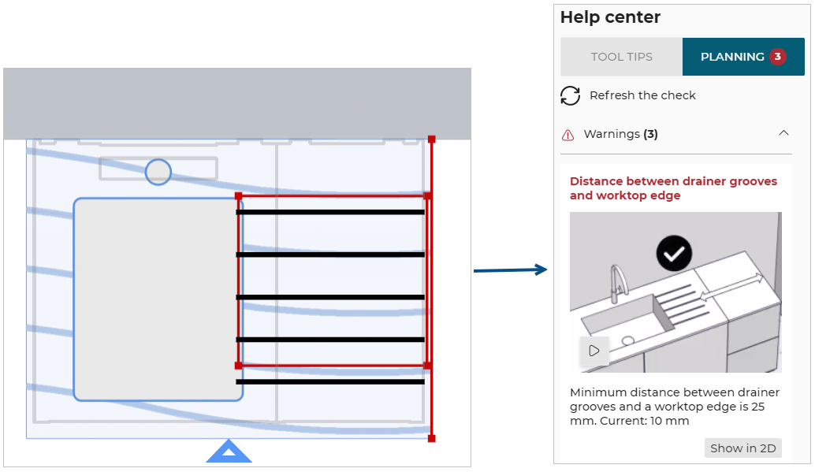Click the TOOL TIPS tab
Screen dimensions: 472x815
pyautogui.click(x=621, y=57)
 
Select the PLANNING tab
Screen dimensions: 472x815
pyautogui.click(x=732, y=57)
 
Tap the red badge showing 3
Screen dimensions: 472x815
pyautogui.click(x=778, y=57)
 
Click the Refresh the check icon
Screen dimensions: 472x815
pyautogui.click(x=570, y=95)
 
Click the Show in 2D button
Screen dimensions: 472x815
pyautogui.click(x=742, y=448)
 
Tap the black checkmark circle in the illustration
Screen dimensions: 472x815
pyautogui.click(x=674, y=254)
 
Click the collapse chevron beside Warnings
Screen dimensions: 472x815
pyautogui.click(x=783, y=134)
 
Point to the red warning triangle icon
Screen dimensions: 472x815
pyautogui.click(x=568, y=135)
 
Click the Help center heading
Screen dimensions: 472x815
pyautogui.click(x=610, y=17)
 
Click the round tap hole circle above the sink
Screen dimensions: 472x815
pyautogui.click(x=158, y=172)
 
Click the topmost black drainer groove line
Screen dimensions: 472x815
pyautogui.click(x=330, y=212)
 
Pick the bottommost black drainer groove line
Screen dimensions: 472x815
pyautogui.click(x=330, y=382)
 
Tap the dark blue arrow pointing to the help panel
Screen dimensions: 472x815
pyautogui.click(x=510, y=270)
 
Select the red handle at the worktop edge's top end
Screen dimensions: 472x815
pyautogui.click(x=431, y=139)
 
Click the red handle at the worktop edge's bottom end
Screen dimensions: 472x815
pyautogui.click(x=431, y=438)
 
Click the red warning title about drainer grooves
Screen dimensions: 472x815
pyautogui.click(x=673, y=188)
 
